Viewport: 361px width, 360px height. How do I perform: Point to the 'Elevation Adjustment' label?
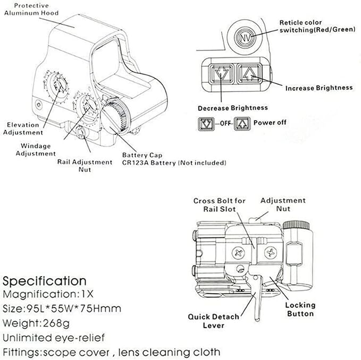pyautogui.click(x=23, y=128)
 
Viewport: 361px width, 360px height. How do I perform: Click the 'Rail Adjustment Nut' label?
pyautogui.click(x=85, y=166)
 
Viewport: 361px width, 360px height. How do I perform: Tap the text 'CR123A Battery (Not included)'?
pyautogui.click(x=174, y=162)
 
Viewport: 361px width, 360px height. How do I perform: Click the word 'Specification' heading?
pyautogui.click(x=44, y=280)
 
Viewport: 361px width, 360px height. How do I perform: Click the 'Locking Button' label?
pyautogui.click(x=300, y=309)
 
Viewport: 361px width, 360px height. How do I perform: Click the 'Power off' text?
pyautogui.click(x=270, y=122)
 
